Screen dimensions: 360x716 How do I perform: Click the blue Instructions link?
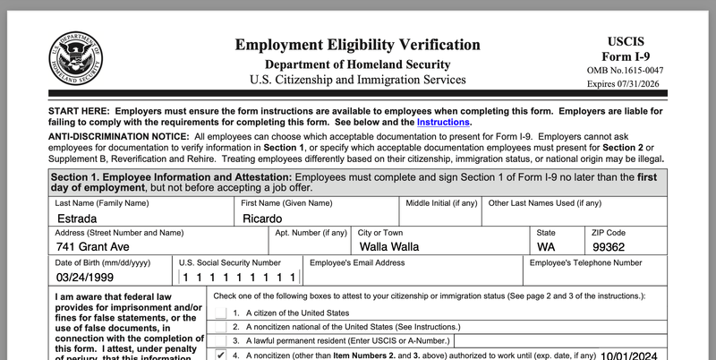pos(443,122)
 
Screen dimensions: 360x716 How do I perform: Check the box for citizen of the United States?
pos(221,313)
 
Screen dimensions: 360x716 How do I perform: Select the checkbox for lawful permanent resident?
pos(221,341)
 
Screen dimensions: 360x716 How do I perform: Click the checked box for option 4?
pos(221,355)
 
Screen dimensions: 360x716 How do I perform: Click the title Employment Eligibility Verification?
pos(357,45)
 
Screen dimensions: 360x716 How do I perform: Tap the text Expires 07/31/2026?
pos(626,84)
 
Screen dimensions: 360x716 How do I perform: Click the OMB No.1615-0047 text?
pos(626,70)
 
